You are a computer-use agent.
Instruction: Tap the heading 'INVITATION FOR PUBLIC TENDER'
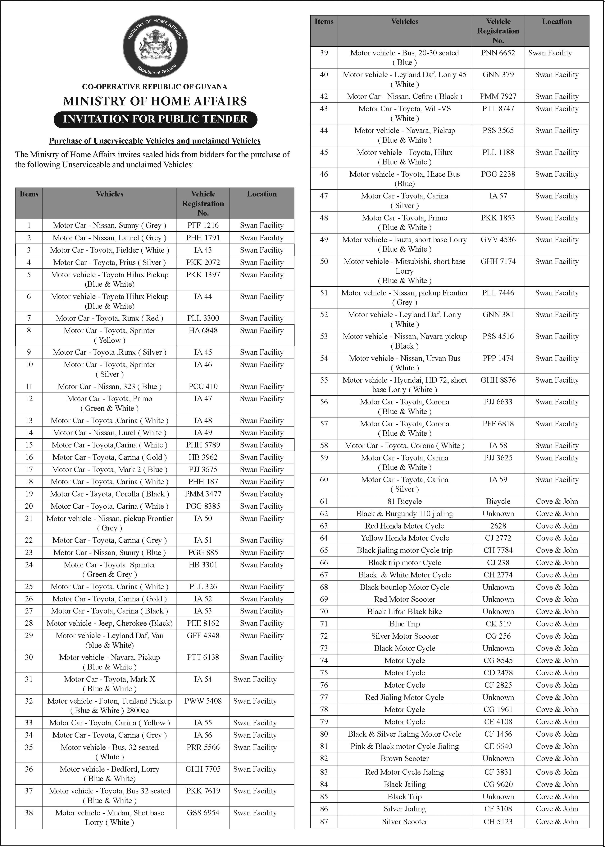pyautogui.click(x=155, y=119)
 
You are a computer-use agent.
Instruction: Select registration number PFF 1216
pyautogui.click(x=203, y=225)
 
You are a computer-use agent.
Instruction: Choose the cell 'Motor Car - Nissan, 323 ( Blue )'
pyautogui.click(x=110, y=386)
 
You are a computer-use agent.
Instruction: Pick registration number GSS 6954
pyautogui.click(x=203, y=813)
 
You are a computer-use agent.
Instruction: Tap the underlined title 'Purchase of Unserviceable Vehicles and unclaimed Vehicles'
pyautogui.click(x=155, y=141)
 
